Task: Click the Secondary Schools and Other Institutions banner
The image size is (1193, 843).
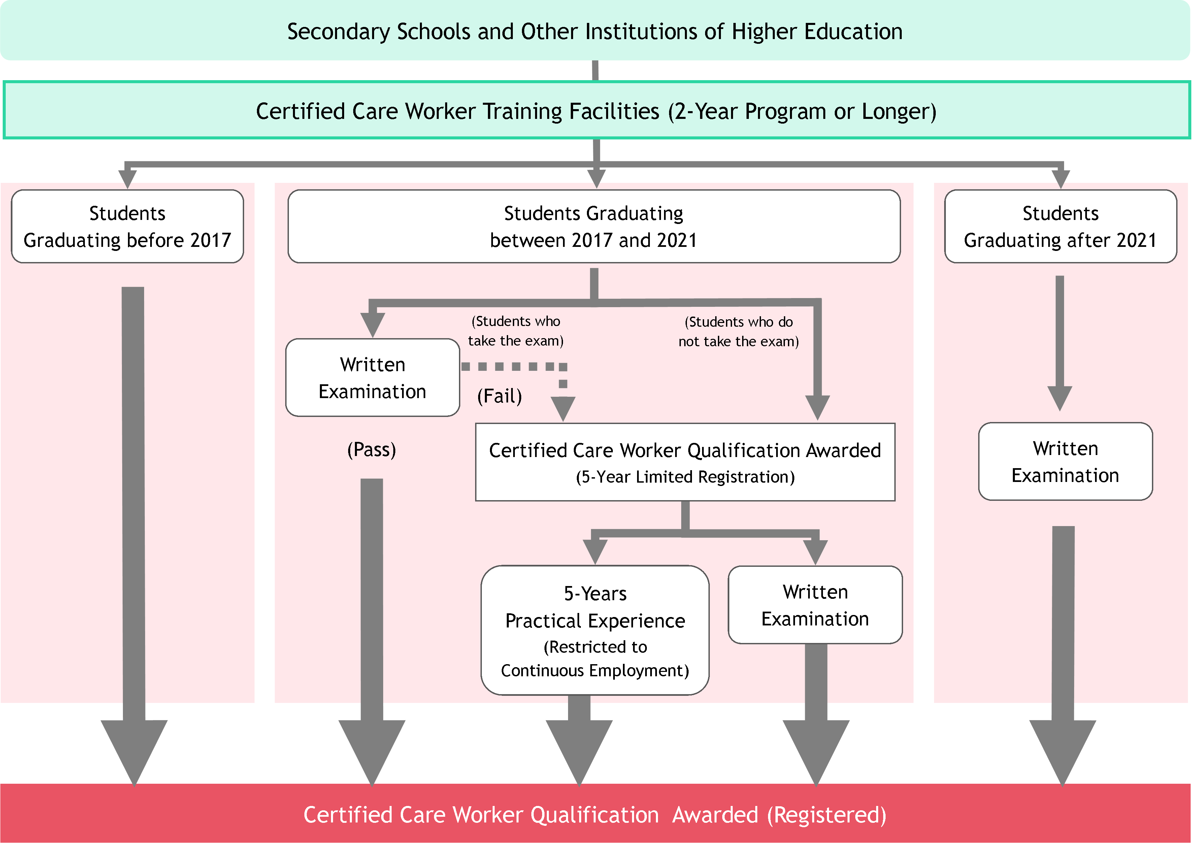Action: click(595, 31)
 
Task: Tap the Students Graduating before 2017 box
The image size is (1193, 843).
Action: click(127, 227)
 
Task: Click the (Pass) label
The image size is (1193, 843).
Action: click(371, 450)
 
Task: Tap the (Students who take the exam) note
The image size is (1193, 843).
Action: click(516, 331)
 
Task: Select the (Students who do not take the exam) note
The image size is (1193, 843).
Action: click(738, 332)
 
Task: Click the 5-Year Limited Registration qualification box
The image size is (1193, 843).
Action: click(685, 462)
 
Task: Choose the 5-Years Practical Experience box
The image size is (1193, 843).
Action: click(595, 630)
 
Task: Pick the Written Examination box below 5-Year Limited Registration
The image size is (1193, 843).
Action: click(815, 605)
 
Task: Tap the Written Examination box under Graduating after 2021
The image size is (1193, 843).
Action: click(1065, 461)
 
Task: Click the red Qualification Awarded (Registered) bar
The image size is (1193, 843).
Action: click(595, 814)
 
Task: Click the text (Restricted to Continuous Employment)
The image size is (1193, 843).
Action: click(595, 658)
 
